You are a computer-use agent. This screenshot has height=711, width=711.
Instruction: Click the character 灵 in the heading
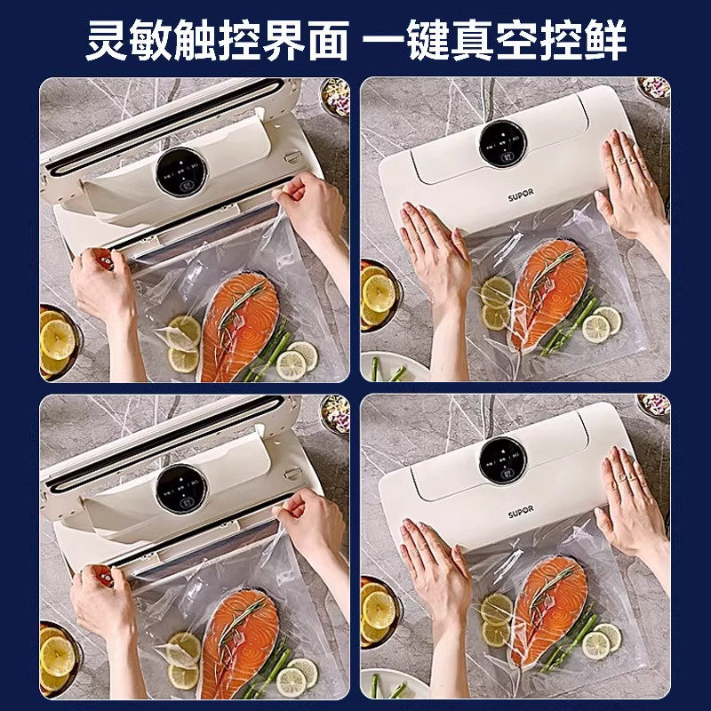coord(106,41)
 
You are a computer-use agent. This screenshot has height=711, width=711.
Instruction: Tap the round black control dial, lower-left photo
coord(181,487)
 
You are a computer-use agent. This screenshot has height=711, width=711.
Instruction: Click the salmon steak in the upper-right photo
coord(548,292)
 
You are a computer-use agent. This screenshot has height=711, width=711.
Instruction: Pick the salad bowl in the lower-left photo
coord(335,412)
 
